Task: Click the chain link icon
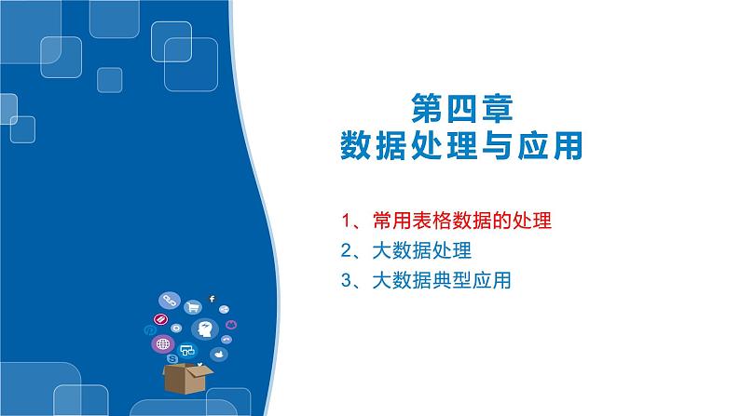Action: [x=171, y=300]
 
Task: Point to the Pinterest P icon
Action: [x=149, y=329]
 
